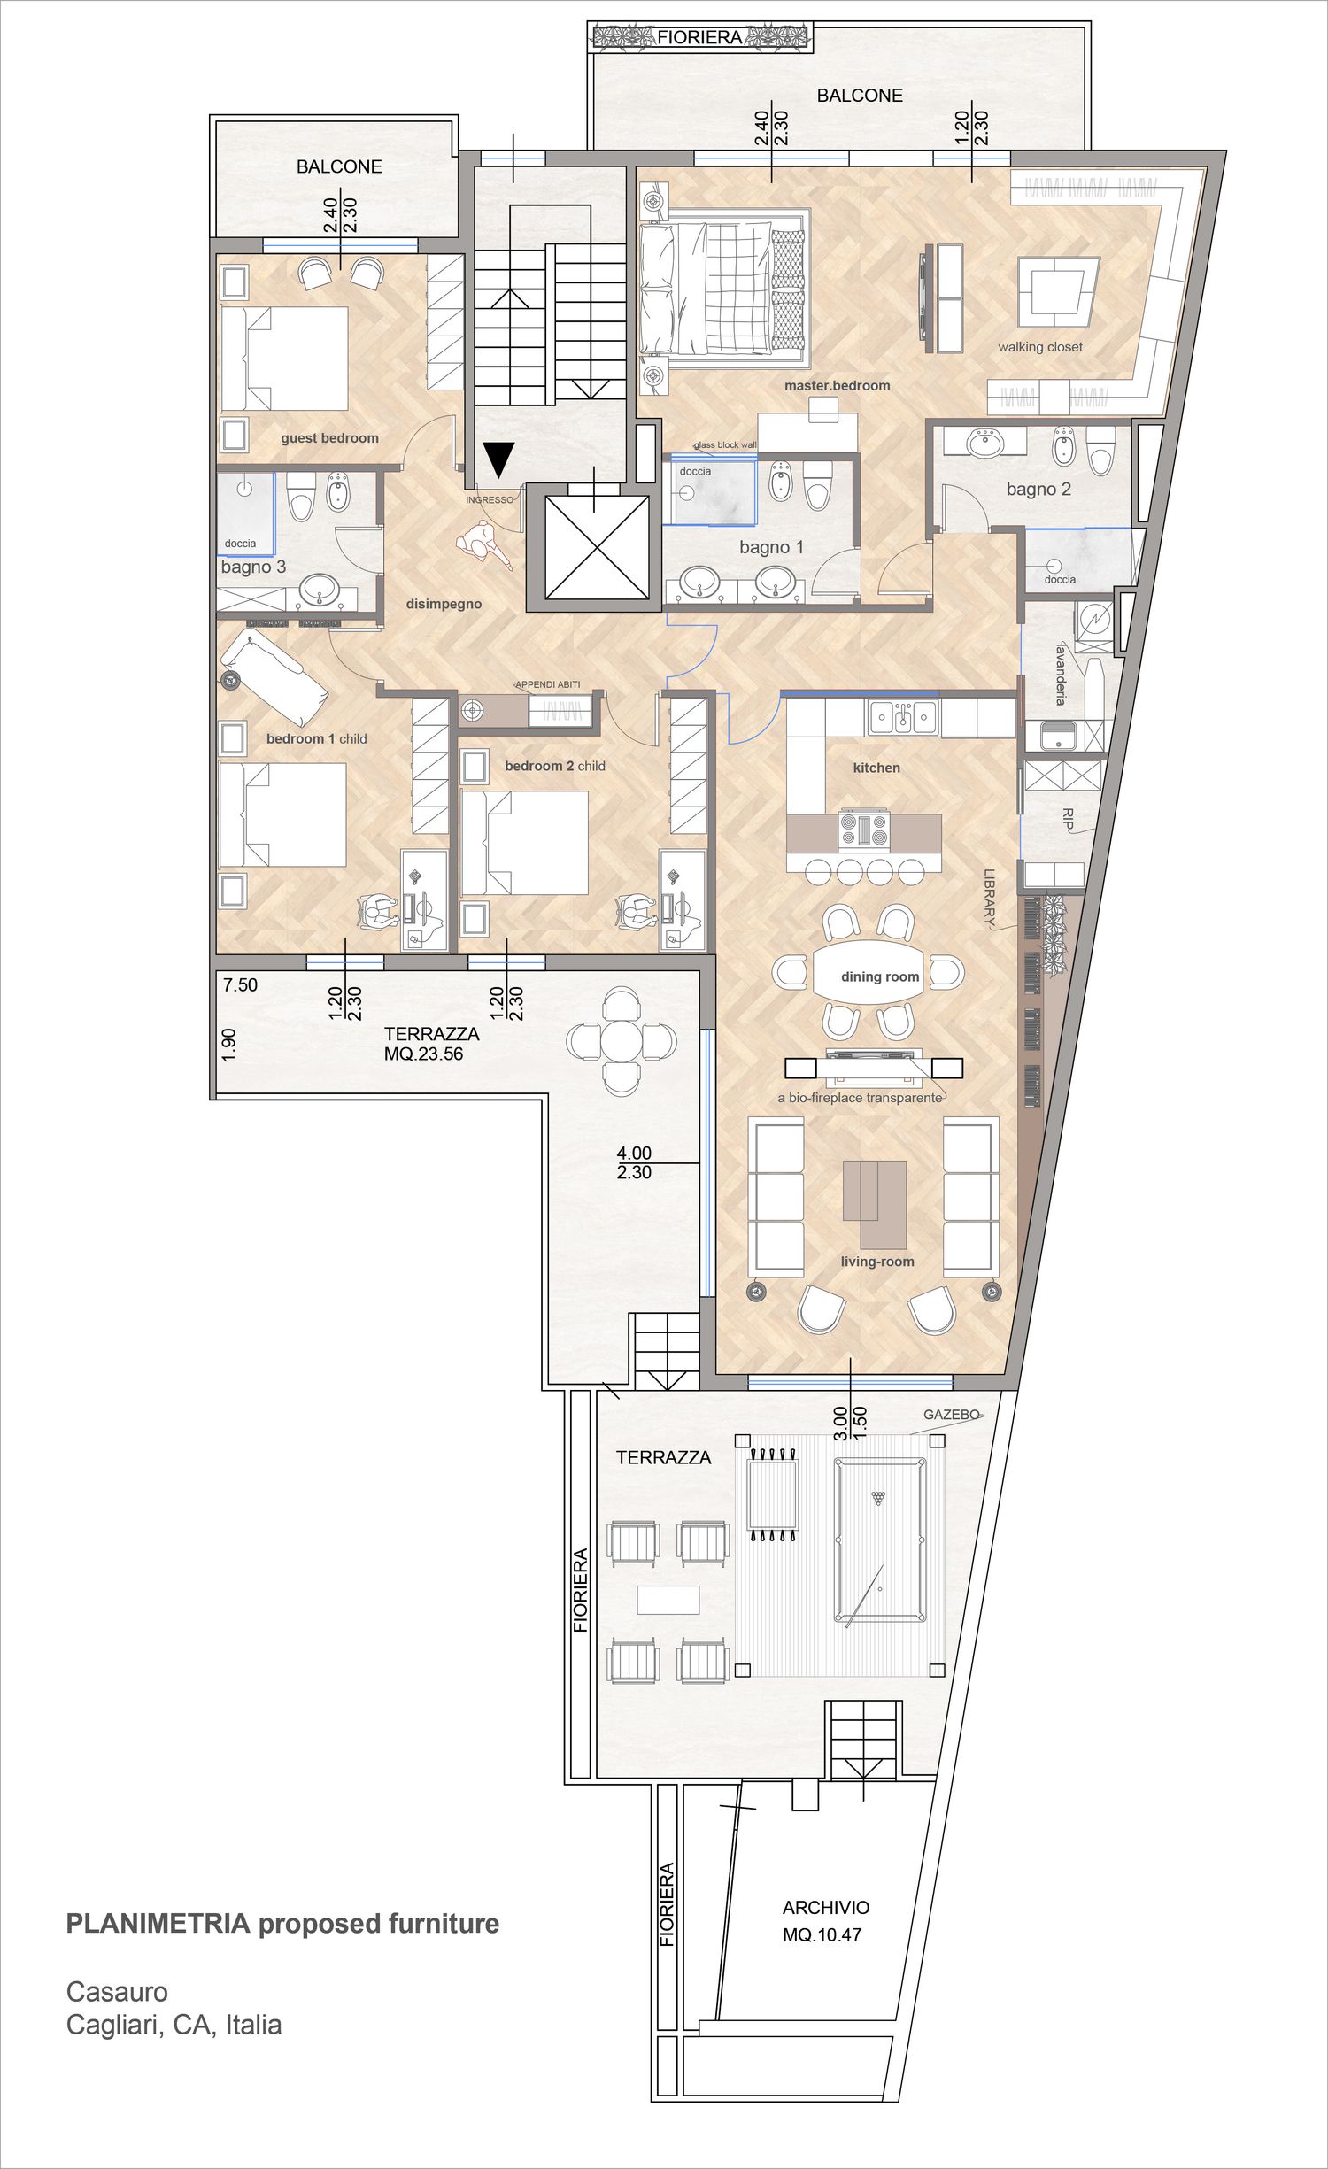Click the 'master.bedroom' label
point(837,385)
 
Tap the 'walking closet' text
point(1040,347)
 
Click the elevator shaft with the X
point(597,547)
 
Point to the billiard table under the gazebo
point(880,1540)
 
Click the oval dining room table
point(878,972)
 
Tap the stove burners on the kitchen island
point(863,830)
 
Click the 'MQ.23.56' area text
point(423,1054)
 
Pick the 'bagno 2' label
point(1038,489)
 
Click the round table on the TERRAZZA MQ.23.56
point(622,1041)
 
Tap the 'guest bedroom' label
point(329,438)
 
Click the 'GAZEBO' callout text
point(952,1415)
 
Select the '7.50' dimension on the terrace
point(240,985)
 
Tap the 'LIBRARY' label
point(990,897)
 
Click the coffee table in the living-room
point(875,1202)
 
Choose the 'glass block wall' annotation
point(725,445)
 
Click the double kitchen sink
point(902,717)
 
